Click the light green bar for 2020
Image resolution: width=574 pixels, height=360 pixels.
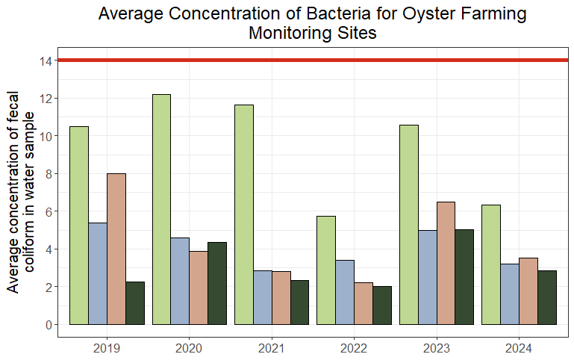point(161,209)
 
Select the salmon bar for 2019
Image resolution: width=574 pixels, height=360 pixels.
point(116,249)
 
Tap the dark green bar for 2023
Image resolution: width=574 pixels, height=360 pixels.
point(464,277)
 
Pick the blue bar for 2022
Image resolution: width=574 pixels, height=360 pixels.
point(345,292)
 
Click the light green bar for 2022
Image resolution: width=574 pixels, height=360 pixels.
point(326,270)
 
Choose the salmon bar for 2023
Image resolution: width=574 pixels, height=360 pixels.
point(446,264)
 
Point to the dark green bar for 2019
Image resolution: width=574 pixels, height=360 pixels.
point(135,303)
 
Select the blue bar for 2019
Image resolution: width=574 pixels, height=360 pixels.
point(98,273)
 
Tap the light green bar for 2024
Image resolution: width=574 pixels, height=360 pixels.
point(491,265)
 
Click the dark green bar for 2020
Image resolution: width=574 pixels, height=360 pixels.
point(217,284)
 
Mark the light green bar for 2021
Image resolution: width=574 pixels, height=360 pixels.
point(244,214)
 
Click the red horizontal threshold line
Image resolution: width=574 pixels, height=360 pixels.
point(313,60)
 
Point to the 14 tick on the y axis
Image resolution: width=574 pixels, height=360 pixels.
point(56,60)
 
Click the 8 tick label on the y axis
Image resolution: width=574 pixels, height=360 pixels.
point(49,174)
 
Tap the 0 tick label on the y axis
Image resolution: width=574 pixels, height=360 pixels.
point(49,325)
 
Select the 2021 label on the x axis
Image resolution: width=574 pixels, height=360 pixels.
point(272,348)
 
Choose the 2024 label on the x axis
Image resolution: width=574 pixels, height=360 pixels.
point(519,348)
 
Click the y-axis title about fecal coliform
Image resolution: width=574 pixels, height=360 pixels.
point(20,192)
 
